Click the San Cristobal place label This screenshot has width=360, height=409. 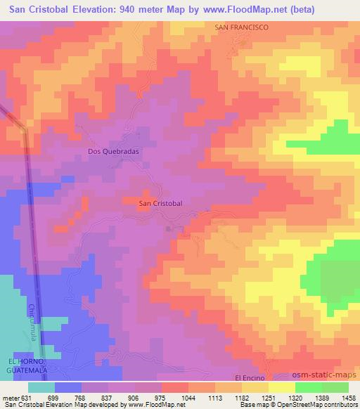(x=160, y=203)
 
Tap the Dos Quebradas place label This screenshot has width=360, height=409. (x=109, y=150)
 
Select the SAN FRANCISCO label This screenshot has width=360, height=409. (x=241, y=27)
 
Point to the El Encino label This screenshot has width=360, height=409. (x=253, y=377)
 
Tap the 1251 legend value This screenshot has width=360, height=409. (x=242, y=398)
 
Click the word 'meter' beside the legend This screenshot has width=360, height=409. (x=8, y=398)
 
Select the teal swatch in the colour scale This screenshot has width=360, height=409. (x=41, y=387)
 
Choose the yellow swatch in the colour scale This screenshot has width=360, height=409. (x=281, y=387)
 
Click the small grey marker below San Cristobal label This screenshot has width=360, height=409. (x=168, y=228)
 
